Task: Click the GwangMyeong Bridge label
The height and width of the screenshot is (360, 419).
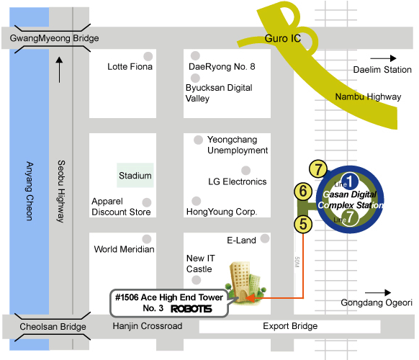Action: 54,38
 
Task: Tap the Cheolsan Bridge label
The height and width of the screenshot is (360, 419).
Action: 53,327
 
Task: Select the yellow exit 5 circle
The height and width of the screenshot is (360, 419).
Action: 303,224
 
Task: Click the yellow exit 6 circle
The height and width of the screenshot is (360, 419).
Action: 303,192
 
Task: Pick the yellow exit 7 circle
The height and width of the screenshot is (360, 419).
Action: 318,169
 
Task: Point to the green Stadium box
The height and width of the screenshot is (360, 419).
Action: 135,176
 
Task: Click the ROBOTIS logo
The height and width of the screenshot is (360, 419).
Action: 192,309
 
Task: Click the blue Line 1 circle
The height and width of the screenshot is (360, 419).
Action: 350,181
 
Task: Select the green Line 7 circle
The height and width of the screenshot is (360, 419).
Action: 350,217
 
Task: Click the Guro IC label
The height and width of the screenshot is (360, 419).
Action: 283,38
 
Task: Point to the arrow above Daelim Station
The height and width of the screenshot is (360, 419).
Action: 383,58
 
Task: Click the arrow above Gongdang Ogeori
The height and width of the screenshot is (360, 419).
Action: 378,292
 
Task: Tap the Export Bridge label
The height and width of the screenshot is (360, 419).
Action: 290,326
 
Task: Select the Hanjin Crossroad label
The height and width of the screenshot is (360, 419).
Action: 148,326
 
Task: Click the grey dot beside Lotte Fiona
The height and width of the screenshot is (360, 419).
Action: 148,56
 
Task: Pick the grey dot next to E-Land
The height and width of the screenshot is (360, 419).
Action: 265,238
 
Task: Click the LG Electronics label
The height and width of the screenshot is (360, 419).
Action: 238,181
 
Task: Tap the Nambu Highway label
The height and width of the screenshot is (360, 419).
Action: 368,96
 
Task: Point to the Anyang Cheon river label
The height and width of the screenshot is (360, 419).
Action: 30,191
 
